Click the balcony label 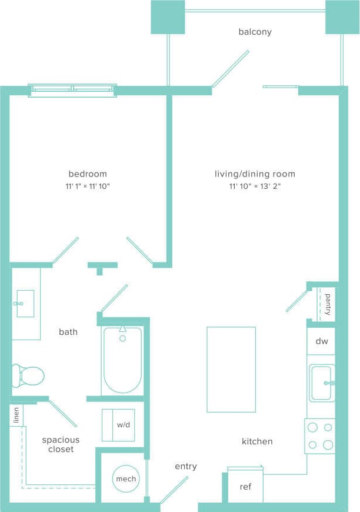click(x=255, y=32)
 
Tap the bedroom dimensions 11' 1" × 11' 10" click(x=88, y=187)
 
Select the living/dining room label click(x=255, y=174)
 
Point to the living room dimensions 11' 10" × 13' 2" click(x=255, y=187)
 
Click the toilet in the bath click(x=28, y=375)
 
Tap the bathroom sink click(x=25, y=304)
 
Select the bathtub click(x=122, y=360)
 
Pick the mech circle click(x=126, y=478)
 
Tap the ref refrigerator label click(x=245, y=487)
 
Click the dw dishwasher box click(x=321, y=341)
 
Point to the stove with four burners click(x=320, y=436)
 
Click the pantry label click(x=328, y=304)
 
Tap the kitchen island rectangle click(x=231, y=370)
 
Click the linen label click(x=16, y=415)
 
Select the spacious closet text click(x=61, y=444)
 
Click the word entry click(x=186, y=466)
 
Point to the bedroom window click(x=72, y=89)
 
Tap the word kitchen click(x=257, y=441)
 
